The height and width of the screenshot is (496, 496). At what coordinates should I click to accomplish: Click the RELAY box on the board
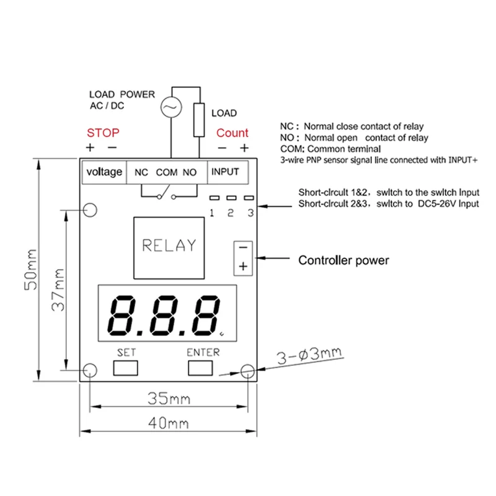tap(169, 246)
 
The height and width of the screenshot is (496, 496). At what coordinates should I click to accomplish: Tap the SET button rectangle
tap(126, 368)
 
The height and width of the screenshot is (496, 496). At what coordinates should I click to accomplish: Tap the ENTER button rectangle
tap(203, 368)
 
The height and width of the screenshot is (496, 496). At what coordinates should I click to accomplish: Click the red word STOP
tap(103, 133)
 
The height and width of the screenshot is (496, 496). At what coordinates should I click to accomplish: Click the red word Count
tap(232, 133)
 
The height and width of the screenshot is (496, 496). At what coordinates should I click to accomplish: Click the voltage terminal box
tap(104, 172)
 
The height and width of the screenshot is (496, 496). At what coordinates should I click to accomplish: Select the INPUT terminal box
tap(225, 172)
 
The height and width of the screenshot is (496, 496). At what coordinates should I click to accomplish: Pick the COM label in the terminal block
tap(166, 172)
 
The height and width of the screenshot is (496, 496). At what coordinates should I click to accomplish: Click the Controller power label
tap(344, 260)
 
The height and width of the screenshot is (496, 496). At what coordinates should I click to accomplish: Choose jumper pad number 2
tap(231, 198)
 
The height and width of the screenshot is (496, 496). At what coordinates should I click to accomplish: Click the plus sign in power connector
tap(243, 266)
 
